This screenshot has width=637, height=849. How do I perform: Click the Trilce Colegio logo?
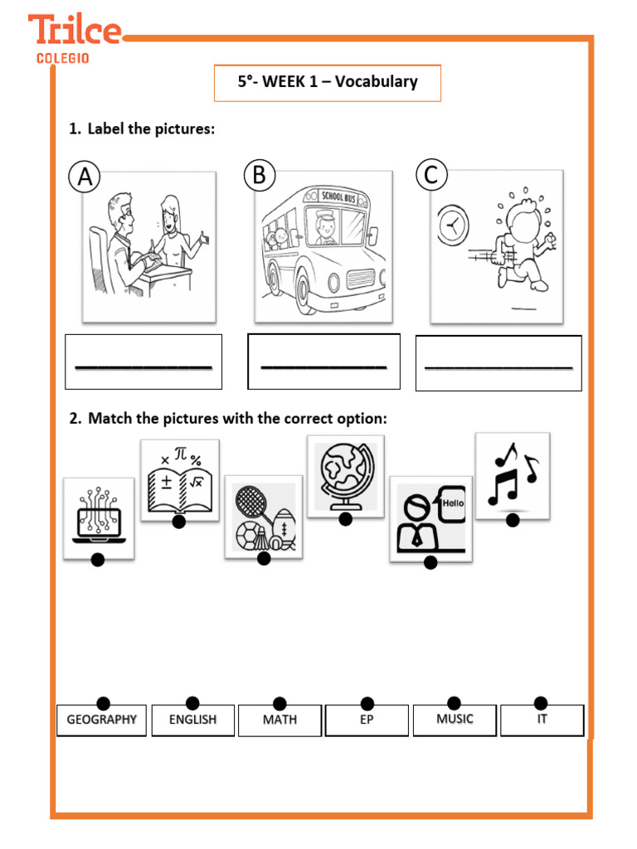coord(75,38)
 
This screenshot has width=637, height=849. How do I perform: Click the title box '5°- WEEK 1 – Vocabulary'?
coord(328,83)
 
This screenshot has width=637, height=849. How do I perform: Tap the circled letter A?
coord(85,177)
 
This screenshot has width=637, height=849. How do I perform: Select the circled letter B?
coord(259,176)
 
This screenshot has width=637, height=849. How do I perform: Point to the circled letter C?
coord(431,175)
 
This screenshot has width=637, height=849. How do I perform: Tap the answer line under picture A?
coord(143,365)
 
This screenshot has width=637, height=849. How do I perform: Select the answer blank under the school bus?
coord(323,364)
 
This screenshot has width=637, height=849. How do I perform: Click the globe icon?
coord(345,475)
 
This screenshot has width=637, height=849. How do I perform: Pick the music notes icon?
coord(512,474)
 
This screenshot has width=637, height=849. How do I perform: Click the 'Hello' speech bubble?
coord(453,503)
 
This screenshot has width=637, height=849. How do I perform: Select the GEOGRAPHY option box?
coord(101,720)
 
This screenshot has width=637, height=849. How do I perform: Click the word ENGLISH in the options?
coord(192,720)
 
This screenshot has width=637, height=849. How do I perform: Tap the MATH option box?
coord(280,720)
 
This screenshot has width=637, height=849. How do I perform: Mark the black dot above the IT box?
coord(541,703)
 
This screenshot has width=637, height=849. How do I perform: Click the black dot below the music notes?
coord(513,520)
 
